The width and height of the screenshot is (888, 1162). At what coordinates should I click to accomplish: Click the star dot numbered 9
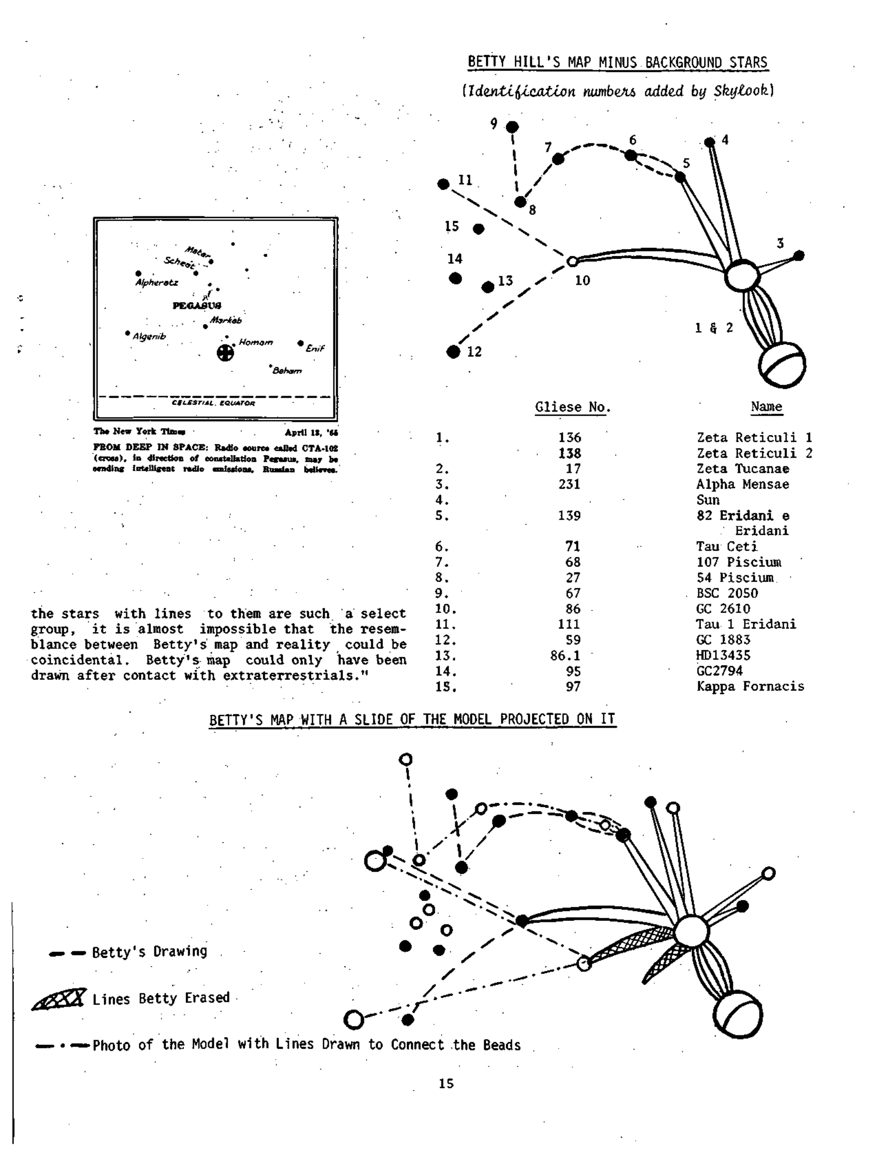512,127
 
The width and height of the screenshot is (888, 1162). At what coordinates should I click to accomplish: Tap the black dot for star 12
453,352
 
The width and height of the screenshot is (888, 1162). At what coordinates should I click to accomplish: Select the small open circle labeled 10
572,261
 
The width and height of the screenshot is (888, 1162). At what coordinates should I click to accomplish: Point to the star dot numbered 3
799,256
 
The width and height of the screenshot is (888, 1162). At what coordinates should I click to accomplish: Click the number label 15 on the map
451,226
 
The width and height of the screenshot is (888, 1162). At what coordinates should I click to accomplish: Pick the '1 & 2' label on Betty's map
713,328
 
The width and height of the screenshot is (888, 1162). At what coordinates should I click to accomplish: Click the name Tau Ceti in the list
727,546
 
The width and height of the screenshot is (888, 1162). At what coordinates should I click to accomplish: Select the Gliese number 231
569,484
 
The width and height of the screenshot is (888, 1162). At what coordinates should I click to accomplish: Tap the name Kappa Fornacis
750,686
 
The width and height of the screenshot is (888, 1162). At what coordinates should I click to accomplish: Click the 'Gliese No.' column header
573,407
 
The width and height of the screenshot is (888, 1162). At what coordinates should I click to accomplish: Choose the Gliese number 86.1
565,655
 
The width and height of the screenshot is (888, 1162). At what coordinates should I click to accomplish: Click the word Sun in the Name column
708,500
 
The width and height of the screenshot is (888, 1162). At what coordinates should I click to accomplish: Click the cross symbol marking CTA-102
226,353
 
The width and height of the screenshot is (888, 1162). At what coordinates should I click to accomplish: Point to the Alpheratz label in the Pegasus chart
156,283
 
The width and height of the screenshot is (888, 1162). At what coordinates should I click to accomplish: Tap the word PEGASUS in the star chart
197,306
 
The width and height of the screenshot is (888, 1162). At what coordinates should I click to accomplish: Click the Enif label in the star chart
315,348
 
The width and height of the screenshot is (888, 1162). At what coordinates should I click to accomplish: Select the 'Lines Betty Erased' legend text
161,998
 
